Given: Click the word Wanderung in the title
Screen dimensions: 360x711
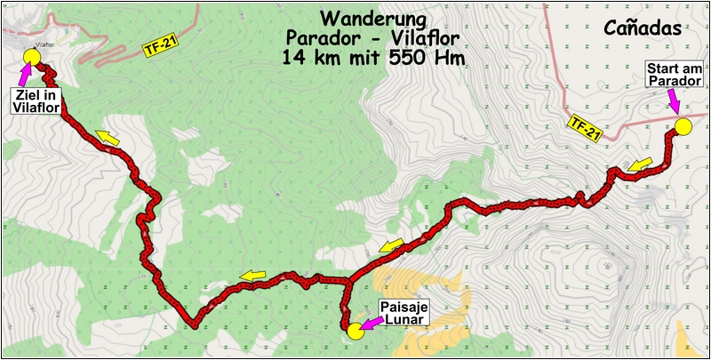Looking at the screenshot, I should click(x=367, y=19).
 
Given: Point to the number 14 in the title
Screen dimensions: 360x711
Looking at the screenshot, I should click(x=292, y=60).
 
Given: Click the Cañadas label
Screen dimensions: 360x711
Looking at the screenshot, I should click(x=642, y=28).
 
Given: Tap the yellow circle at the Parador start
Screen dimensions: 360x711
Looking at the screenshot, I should click(x=683, y=127).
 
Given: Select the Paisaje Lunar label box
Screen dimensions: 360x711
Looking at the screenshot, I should click(x=405, y=313).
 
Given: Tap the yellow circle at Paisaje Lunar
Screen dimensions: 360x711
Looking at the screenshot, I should click(x=355, y=332).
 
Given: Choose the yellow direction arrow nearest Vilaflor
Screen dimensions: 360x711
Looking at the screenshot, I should click(x=108, y=137).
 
